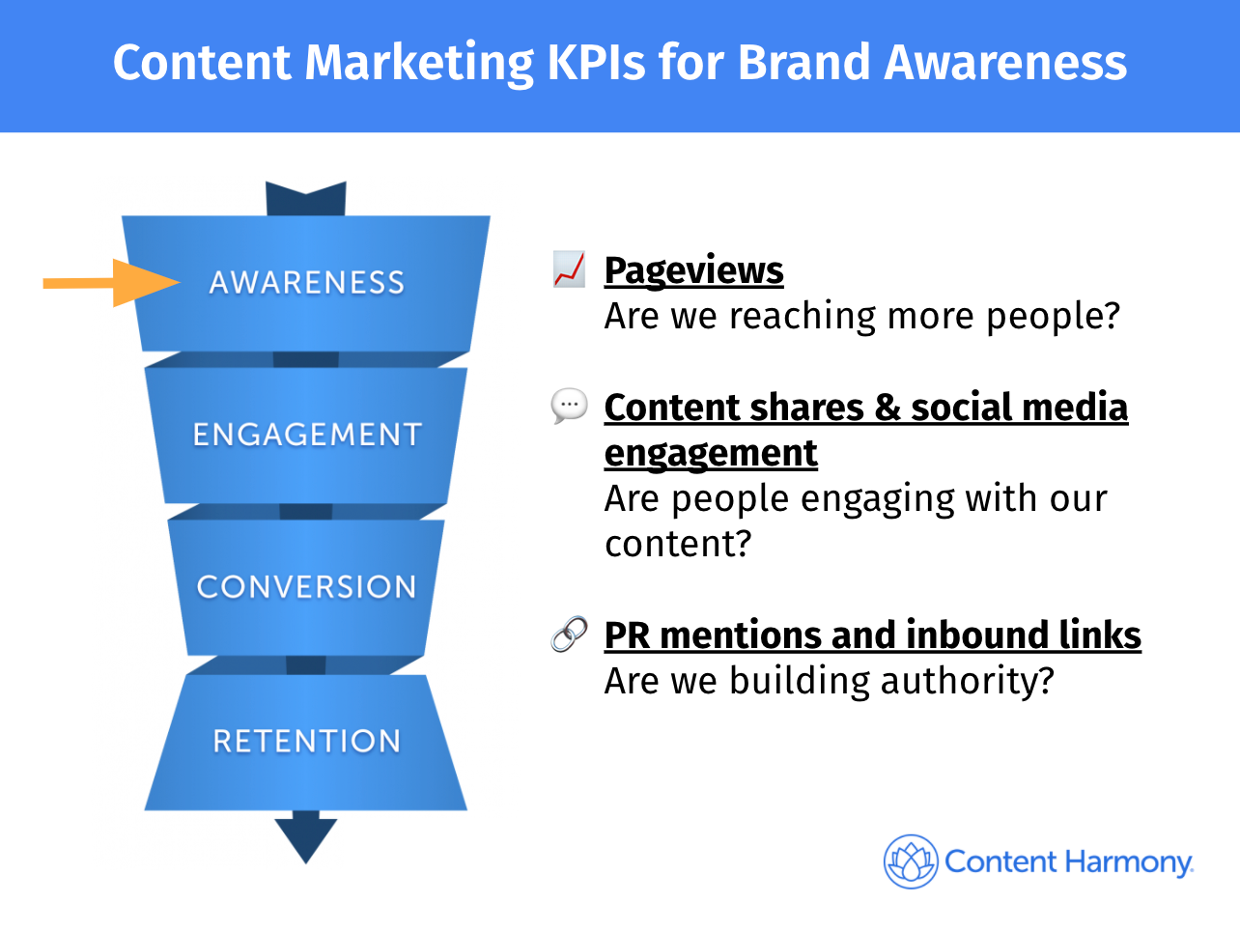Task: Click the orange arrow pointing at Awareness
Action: (x=112, y=283)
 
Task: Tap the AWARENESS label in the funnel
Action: (x=307, y=282)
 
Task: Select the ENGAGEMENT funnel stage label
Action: (x=307, y=435)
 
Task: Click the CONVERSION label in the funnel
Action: (x=306, y=586)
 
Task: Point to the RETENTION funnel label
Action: (x=307, y=741)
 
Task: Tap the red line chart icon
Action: (x=569, y=269)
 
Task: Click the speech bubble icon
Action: (x=569, y=406)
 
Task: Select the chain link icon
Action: (x=569, y=634)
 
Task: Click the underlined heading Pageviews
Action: (x=693, y=270)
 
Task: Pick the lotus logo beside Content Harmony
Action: (x=911, y=861)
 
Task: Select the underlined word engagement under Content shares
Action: (x=711, y=454)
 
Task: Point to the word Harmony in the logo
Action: (x=1129, y=863)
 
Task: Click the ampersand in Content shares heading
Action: (x=887, y=408)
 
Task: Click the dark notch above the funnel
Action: (x=305, y=199)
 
